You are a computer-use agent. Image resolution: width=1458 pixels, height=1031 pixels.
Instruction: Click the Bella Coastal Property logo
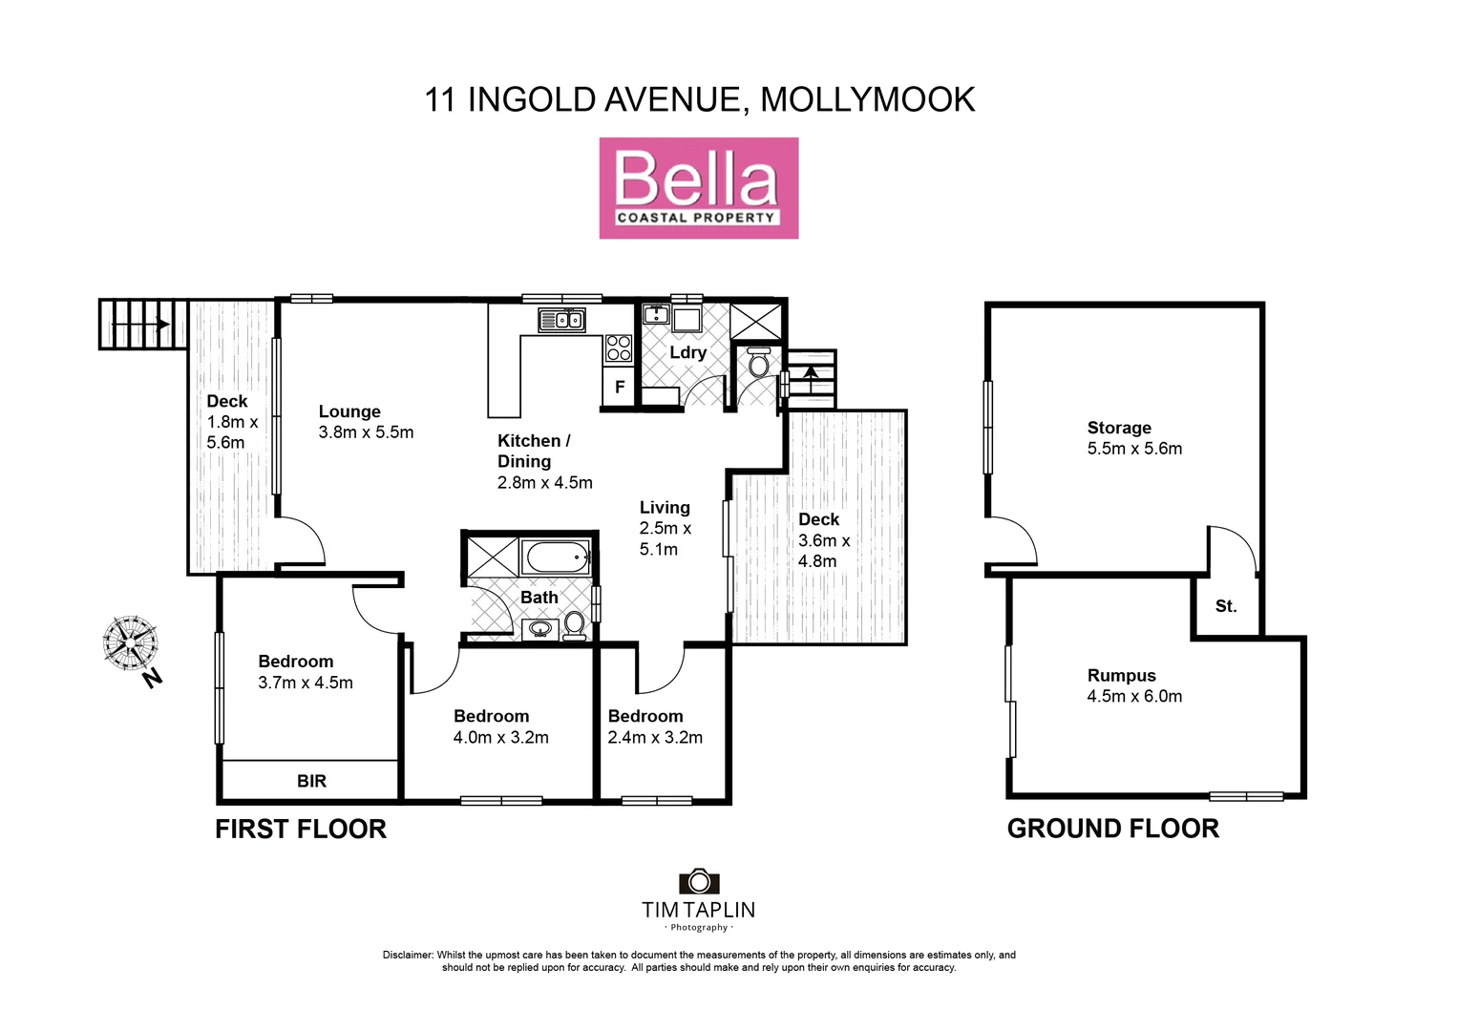tap(698, 188)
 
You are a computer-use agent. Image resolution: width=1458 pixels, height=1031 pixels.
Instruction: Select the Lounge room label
tap(349, 411)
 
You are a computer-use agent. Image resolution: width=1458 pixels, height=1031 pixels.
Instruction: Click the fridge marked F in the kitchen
tap(620, 387)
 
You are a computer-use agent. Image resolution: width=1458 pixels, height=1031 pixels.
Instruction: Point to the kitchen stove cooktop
tap(619, 348)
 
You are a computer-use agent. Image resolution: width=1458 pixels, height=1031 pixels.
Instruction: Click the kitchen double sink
tap(561, 320)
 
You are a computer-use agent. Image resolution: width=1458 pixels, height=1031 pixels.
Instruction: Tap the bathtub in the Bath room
tap(556, 557)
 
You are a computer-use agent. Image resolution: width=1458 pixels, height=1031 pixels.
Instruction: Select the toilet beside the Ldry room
tap(759, 363)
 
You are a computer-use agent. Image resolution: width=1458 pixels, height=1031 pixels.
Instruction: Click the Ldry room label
tap(687, 352)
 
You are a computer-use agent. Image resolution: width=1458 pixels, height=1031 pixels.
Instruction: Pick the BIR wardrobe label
tap(311, 781)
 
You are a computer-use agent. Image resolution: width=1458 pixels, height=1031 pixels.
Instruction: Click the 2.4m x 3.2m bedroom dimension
tap(655, 738)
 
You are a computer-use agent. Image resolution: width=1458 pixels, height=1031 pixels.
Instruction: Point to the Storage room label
tap(1119, 428)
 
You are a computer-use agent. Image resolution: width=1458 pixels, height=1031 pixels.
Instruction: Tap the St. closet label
tap(1226, 606)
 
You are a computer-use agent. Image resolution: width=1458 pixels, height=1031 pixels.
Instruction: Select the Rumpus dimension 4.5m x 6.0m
tap(1134, 697)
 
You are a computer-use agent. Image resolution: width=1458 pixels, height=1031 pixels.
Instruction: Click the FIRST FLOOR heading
tap(301, 829)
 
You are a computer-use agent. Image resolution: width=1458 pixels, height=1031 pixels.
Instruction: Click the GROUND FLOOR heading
tap(1113, 829)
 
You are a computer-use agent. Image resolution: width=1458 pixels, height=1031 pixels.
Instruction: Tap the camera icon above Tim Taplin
tap(699, 881)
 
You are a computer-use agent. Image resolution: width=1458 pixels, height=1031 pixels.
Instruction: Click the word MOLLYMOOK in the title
tap(867, 99)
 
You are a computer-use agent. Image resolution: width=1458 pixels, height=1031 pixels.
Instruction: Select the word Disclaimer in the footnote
tap(408, 955)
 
